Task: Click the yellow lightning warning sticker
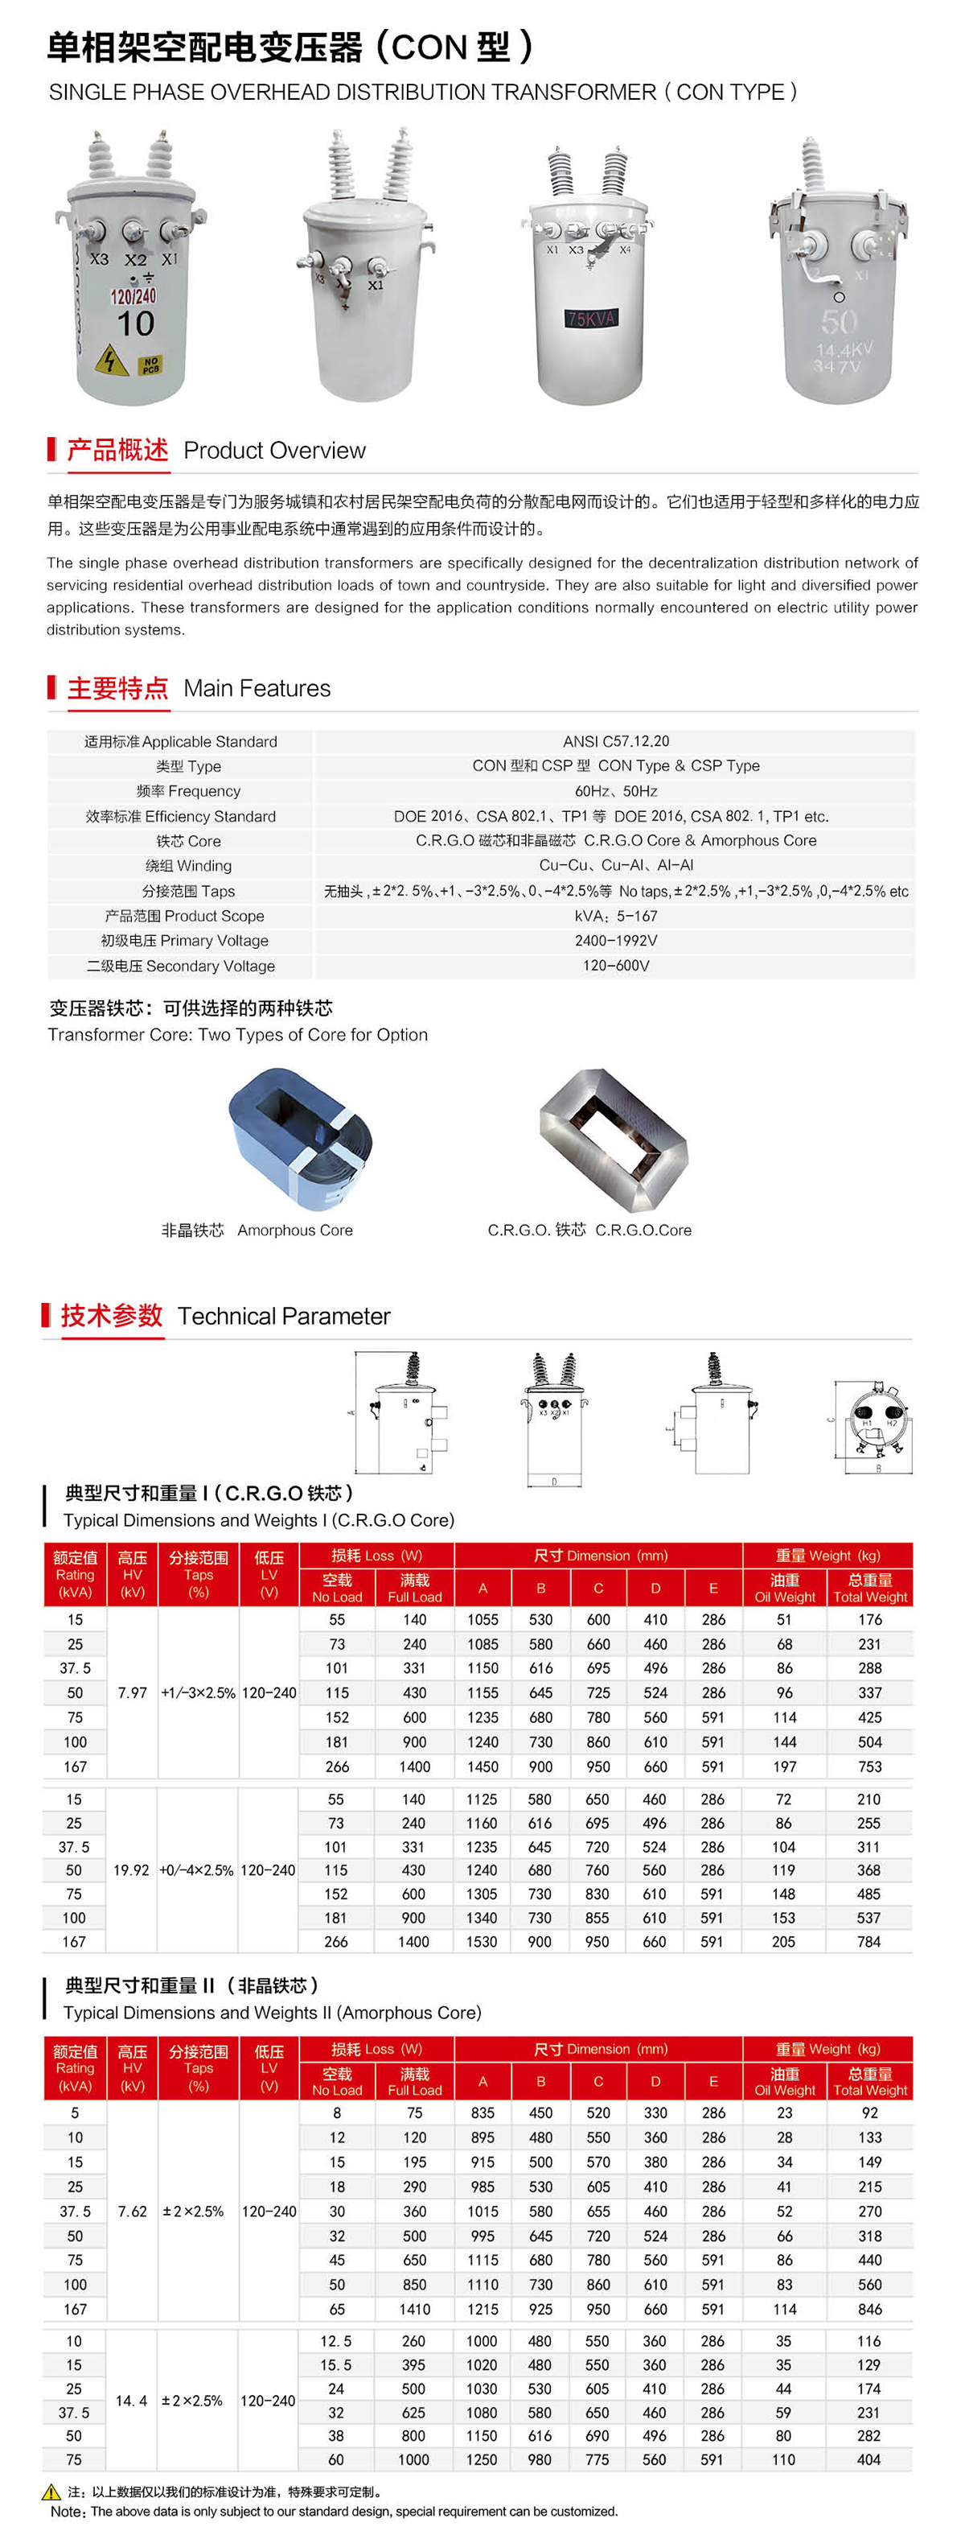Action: (111, 361)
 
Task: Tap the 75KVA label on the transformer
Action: (590, 318)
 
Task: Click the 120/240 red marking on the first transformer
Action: (133, 296)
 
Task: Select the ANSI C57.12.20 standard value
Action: (616, 741)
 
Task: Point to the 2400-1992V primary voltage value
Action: (616, 941)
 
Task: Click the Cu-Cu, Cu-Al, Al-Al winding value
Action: (616, 865)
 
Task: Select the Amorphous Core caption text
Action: (294, 1230)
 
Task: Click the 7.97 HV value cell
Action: (132, 1692)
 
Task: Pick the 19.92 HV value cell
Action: (131, 1869)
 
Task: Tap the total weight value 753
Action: (869, 1766)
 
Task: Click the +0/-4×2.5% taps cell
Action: (197, 1869)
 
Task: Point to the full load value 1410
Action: (414, 2309)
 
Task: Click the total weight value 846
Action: (869, 2309)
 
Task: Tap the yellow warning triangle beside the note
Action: (51, 2492)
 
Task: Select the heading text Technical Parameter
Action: (283, 1317)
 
